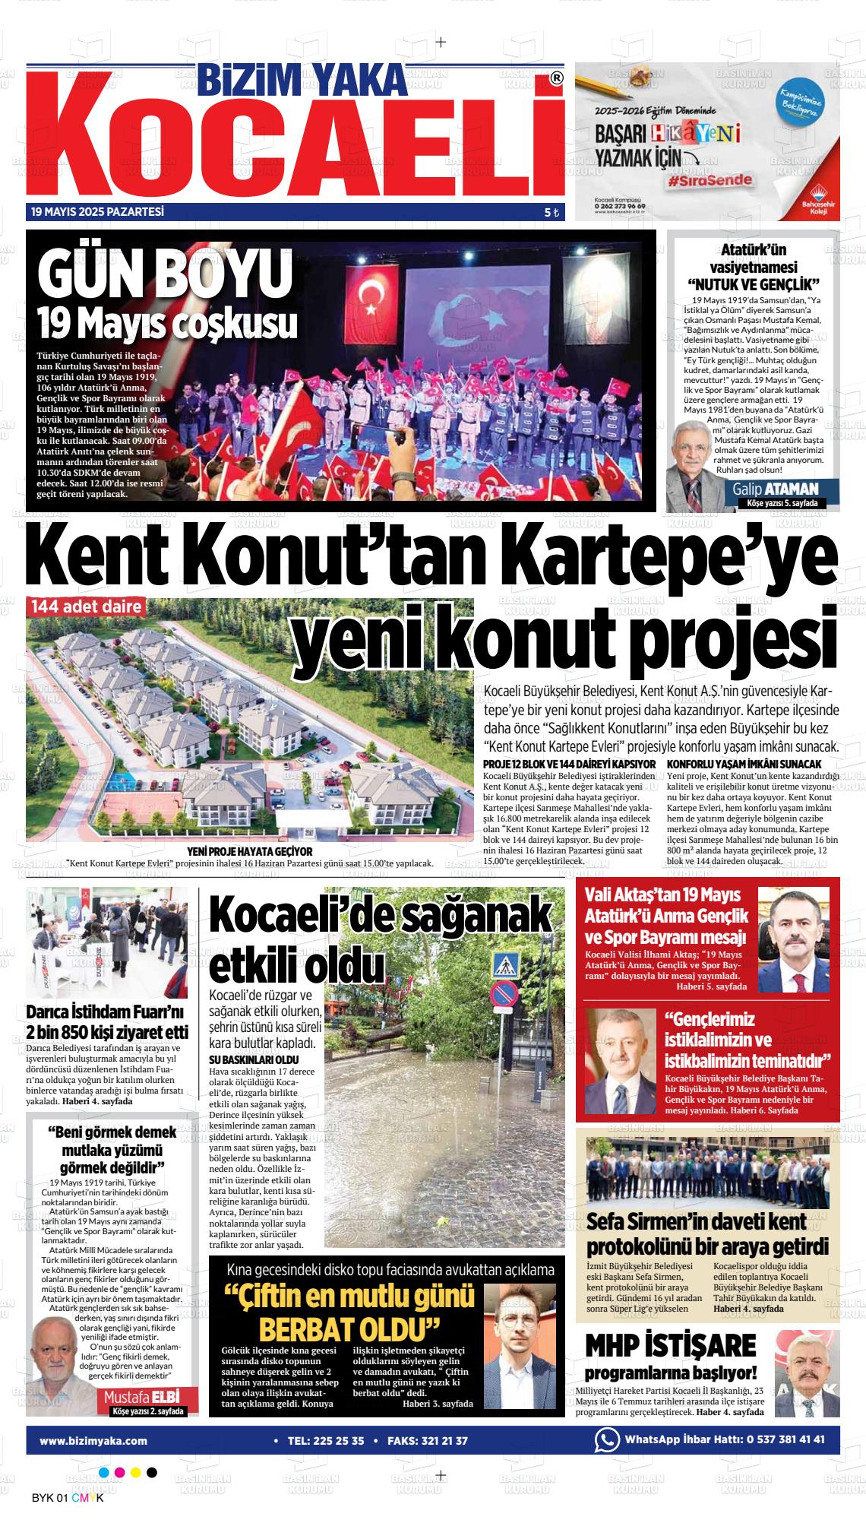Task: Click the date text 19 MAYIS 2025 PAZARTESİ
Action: click(x=98, y=212)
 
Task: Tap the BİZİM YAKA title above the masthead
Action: click(x=302, y=78)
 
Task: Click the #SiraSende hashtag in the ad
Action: click(x=710, y=180)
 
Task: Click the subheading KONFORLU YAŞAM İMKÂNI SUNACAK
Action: click(x=744, y=763)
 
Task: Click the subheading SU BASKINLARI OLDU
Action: click(x=254, y=1059)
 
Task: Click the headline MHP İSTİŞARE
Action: click(x=671, y=1344)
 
